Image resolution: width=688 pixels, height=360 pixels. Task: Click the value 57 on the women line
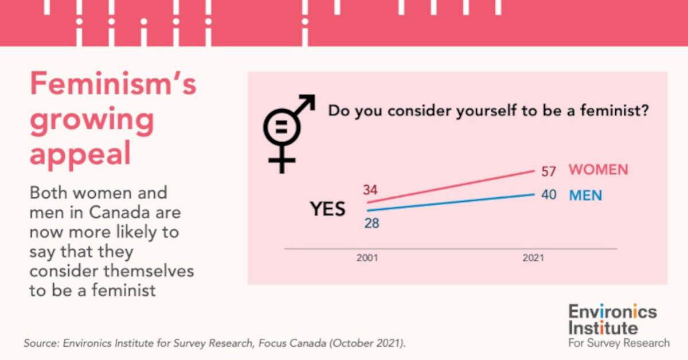pyautogui.click(x=549, y=171)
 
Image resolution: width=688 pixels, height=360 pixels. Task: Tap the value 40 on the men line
pyautogui.click(x=549, y=195)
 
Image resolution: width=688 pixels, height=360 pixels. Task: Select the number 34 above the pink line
pyautogui.click(x=370, y=190)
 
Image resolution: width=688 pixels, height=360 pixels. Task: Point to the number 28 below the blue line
pyautogui.click(x=371, y=223)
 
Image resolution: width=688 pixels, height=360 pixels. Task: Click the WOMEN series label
pyautogui.click(x=599, y=170)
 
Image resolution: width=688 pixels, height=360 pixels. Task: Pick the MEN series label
pyautogui.click(x=585, y=195)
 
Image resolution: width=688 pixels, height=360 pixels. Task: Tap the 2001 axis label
pyautogui.click(x=367, y=259)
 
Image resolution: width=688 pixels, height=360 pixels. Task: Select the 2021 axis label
pyautogui.click(x=533, y=259)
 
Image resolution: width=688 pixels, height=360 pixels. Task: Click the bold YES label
pyautogui.click(x=328, y=209)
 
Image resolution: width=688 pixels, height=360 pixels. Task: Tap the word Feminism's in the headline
pyautogui.click(x=113, y=84)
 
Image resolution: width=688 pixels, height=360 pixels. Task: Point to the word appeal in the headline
pyautogui.click(x=80, y=154)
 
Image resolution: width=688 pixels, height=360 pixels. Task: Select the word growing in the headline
pyautogui.click(x=92, y=120)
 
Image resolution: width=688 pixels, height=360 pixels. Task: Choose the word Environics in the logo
pyautogui.click(x=612, y=312)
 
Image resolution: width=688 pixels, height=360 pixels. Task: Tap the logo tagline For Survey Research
pyautogui.click(x=619, y=343)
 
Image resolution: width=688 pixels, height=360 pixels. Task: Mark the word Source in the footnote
pyautogui.click(x=41, y=343)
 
